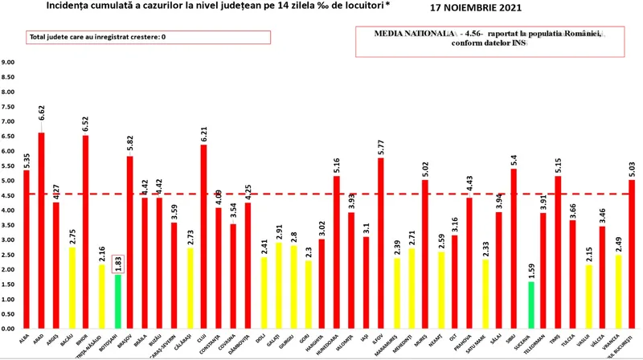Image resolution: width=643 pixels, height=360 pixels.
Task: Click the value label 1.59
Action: click(530, 269)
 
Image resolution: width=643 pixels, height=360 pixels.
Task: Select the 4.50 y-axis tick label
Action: click(10, 195)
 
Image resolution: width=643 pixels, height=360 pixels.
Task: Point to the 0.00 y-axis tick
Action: click(10, 329)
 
